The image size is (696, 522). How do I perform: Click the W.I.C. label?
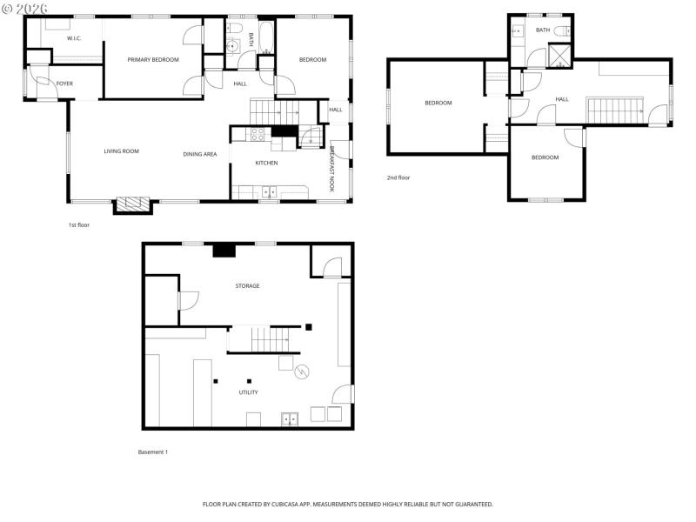pos(74,37)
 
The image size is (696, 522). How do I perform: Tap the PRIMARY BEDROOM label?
pos(152,60)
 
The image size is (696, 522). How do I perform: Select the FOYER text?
pos(65,84)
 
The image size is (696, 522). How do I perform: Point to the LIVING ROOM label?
pos(121,151)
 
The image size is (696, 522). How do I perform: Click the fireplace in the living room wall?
pos(133,204)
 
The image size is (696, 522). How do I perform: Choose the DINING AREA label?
pos(199,154)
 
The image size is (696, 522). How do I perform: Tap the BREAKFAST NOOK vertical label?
pos(332,168)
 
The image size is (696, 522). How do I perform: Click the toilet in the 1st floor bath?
pos(233,45)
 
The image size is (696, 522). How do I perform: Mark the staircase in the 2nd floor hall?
pos(614,110)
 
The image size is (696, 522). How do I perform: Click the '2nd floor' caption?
pos(398,177)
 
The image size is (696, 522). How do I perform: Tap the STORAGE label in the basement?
pos(247,285)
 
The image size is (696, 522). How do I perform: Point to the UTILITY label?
pos(248,392)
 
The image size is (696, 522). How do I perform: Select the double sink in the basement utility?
pos(289,419)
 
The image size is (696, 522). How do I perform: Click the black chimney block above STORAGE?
pos(224,250)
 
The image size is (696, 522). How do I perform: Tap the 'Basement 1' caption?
pos(153,452)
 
